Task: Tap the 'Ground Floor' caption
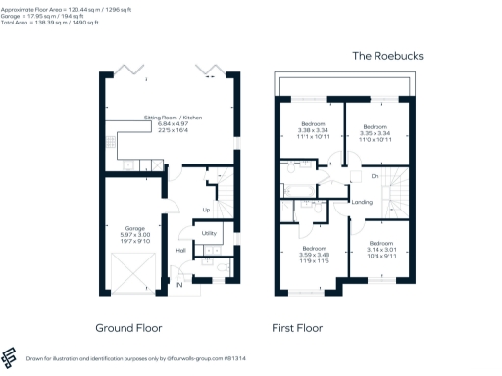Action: tap(128, 328)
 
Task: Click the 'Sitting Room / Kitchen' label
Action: tap(173, 116)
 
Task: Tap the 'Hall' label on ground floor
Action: tap(181, 251)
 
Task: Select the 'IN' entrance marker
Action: tap(178, 284)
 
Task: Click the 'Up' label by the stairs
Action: tap(206, 210)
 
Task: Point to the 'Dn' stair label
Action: tap(375, 177)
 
